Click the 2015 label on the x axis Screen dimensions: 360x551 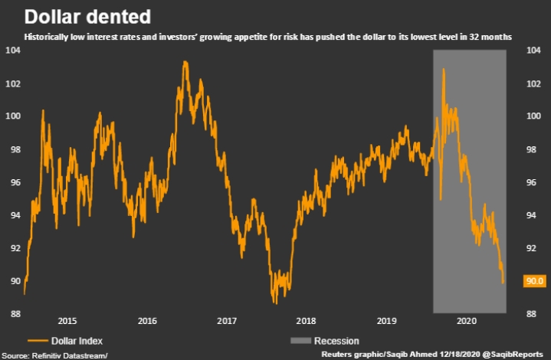pos(67,322)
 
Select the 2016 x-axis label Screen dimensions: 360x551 pos(146,322)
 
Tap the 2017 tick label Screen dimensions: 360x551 pos(226,322)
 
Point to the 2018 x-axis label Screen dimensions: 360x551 pos(306,322)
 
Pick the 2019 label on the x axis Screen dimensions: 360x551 pos(385,322)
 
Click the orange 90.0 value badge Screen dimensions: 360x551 pos(533,281)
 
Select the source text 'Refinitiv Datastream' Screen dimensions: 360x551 pos(65,355)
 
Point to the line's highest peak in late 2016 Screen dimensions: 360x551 pos(185,61)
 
